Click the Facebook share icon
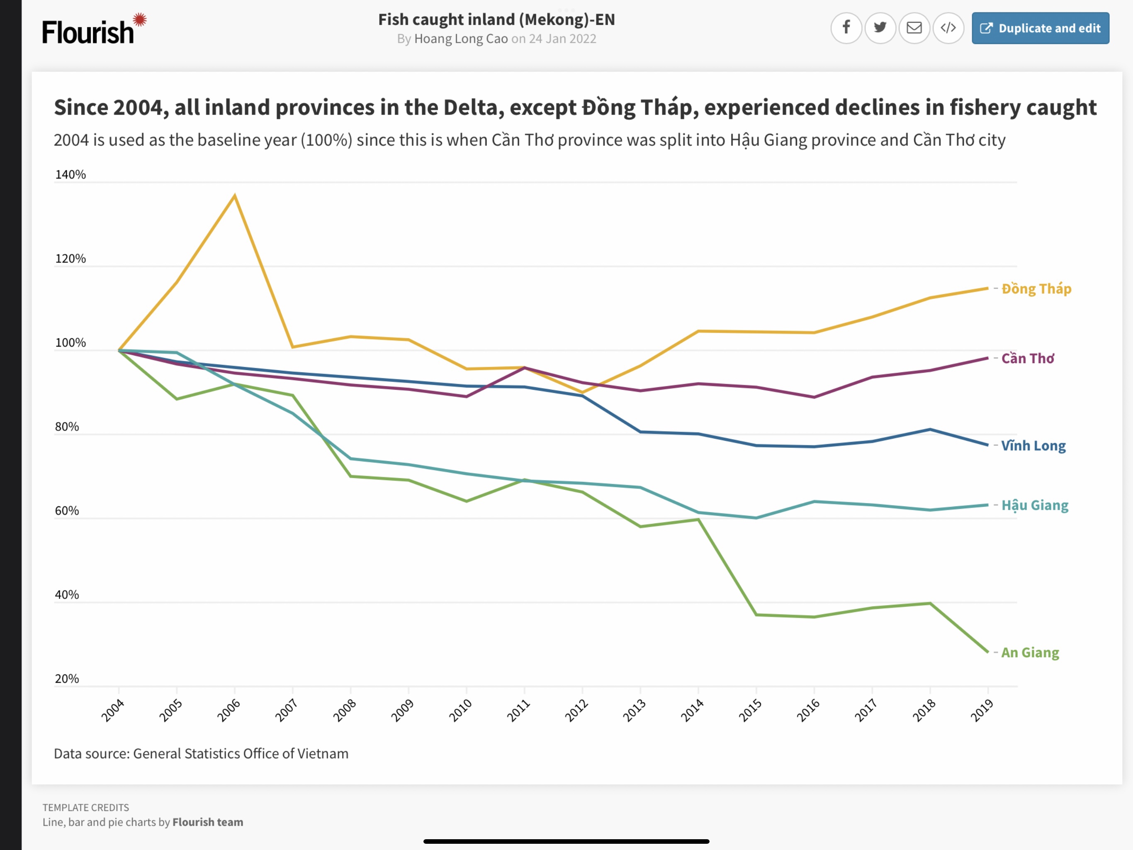click(846, 28)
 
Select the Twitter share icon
click(880, 28)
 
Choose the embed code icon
click(948, 28)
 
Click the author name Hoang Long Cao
click(460, 39)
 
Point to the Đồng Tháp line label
click(1036, 288)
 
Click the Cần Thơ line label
click(1028, 358)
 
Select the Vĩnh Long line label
click(1033, 445)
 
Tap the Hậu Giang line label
click(1035, 506)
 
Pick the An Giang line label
click(1030, 652)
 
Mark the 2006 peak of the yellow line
click(235, 195)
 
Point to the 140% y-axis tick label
click(71, 175)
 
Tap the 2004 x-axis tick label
click(113, 710)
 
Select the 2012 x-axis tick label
click(577, 710)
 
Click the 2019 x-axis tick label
click(982, 710)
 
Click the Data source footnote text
click(201, 754)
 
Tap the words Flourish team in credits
click(207, 822)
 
